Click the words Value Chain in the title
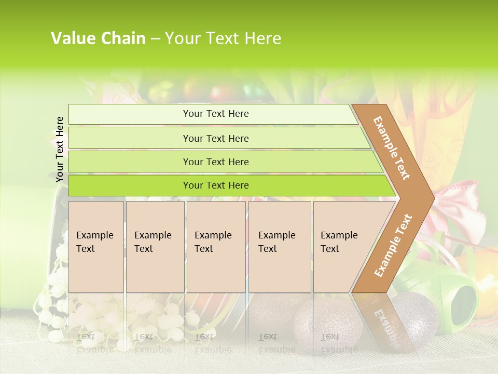coord(98,38)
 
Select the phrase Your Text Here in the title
coord(223,38)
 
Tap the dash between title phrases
coord(155,39)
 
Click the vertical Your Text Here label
coord(60,149)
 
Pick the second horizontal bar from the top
coord(216,138)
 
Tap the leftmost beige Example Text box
coord(96,247)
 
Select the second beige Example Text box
coord(155,247)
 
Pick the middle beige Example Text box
coord(216,247)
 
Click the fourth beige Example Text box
coord(280,247)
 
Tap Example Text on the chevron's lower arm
coord(393,245)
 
